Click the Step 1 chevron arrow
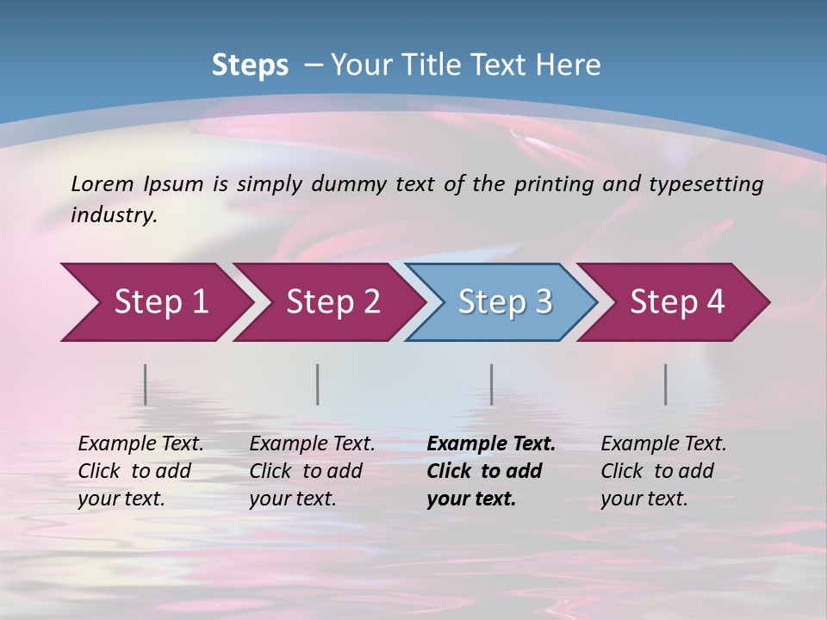(x=155, y=302)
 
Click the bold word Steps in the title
(x=250, y=65)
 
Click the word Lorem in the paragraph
(x=102, y=183)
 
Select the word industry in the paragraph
(x=113, y=215)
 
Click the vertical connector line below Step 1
(x=146, y=384)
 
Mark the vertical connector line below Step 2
(x=318, y=384)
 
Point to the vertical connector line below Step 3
(x=492, y=384)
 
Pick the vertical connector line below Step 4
(x=666, y=384)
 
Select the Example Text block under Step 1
(x=140, y=471)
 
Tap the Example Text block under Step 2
(x=312, y=471)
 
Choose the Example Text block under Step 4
(x=663, y=471)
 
